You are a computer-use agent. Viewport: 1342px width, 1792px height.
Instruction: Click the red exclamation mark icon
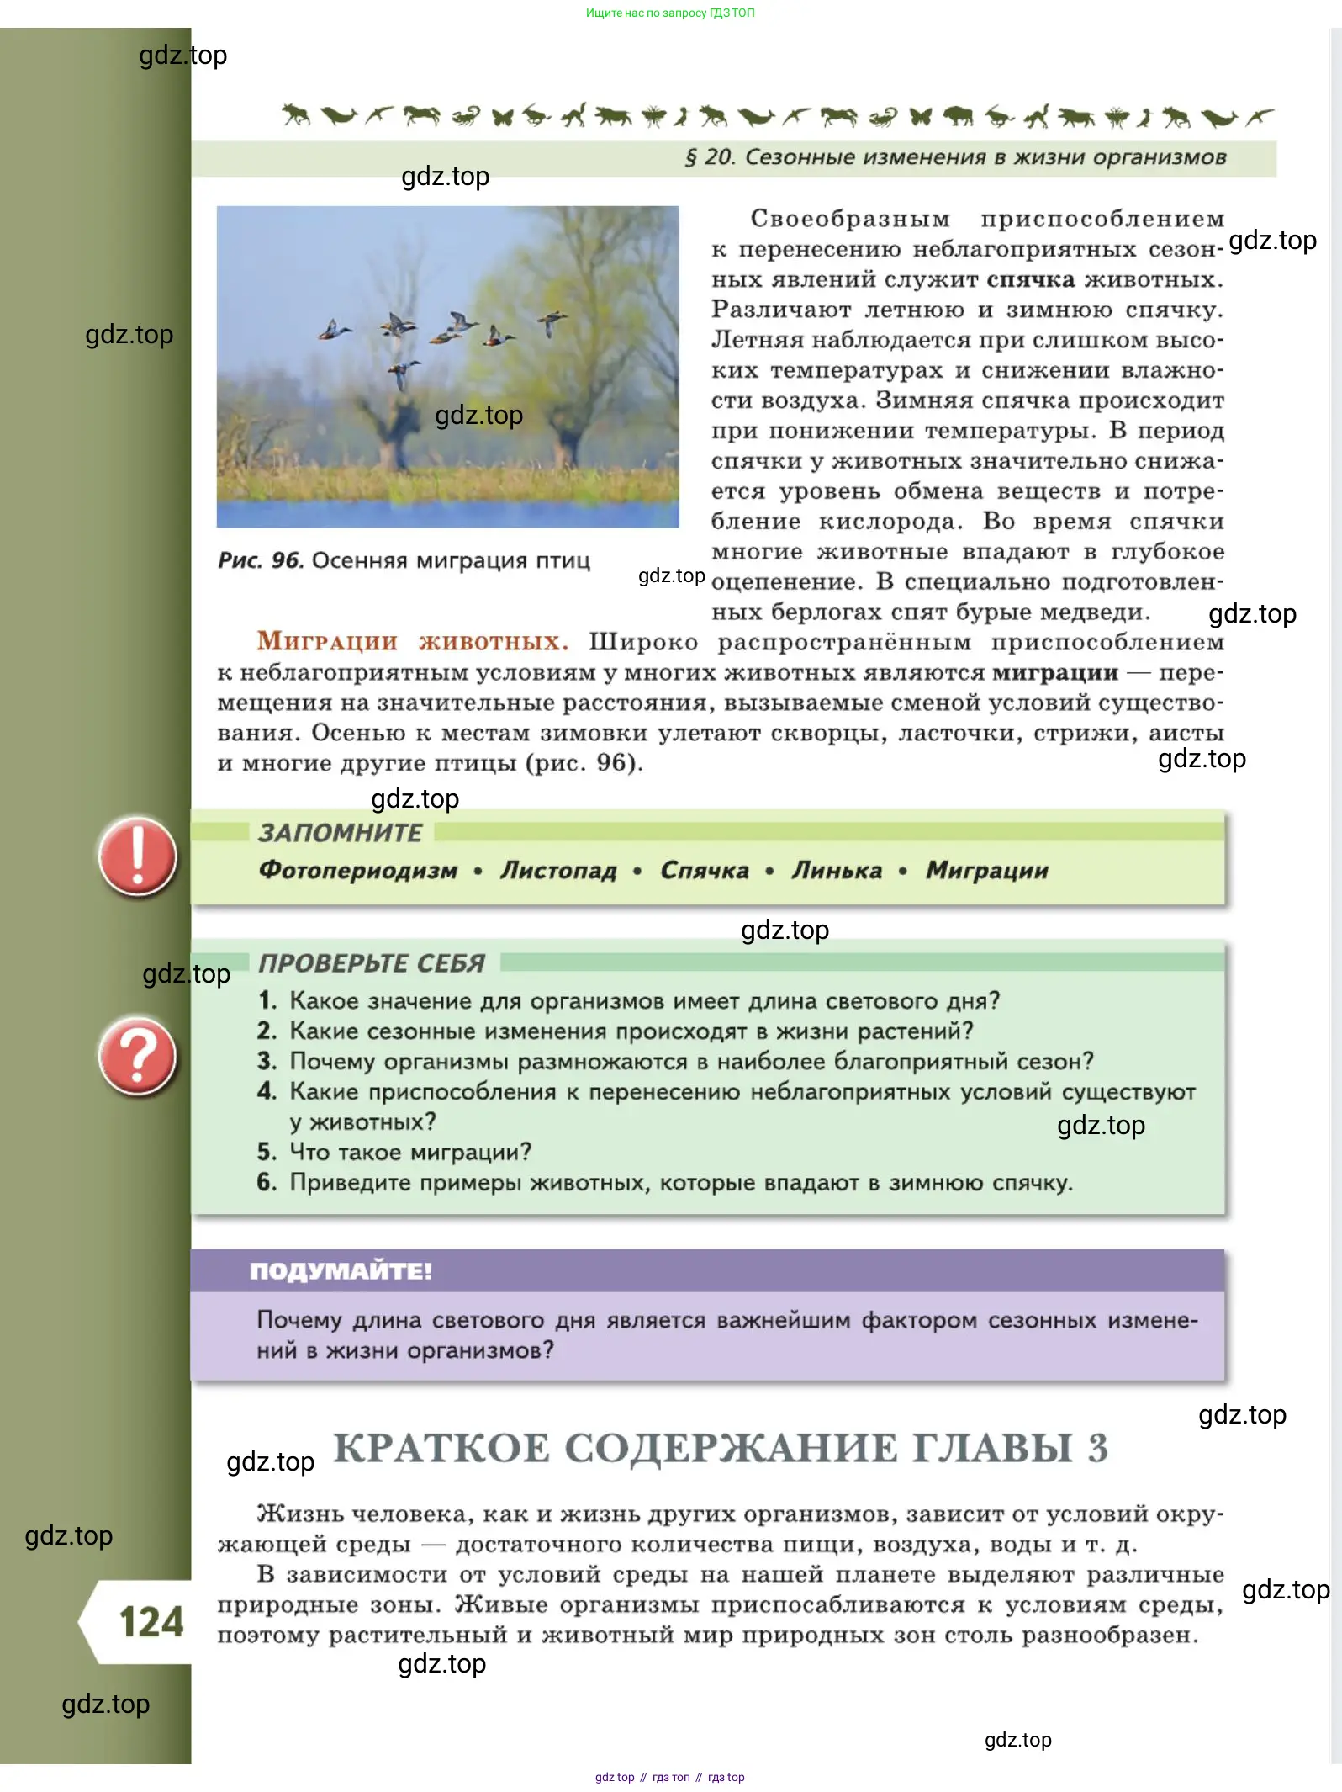coord(137,856)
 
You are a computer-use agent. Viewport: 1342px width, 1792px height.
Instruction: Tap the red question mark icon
coord(137,1056)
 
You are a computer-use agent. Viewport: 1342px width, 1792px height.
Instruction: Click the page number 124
coord(151,1621)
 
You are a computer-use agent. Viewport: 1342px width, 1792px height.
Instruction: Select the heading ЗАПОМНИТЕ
coord(341,833)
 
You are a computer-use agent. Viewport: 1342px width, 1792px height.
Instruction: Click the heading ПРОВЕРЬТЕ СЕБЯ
coord(372,963)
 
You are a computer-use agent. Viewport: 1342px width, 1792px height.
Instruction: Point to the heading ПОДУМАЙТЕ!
coord(341,1270)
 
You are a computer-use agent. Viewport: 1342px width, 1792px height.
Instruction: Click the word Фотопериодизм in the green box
coord(358,870)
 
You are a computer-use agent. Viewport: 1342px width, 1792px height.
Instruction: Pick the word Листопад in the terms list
coord(558,870)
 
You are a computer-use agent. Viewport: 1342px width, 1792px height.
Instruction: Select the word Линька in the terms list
coord(837,870)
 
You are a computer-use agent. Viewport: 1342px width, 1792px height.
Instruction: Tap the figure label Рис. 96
coord(260,560)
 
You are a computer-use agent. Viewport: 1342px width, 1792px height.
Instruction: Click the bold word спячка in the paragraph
coord(1030,279)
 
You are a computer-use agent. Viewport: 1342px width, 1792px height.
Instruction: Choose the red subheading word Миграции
coord(327,642)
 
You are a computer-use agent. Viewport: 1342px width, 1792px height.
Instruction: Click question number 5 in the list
coord(267,1152)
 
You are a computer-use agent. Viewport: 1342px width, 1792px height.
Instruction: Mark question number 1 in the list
coord(267,1000)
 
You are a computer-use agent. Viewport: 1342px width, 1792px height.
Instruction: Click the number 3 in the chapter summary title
coord(1097,1448)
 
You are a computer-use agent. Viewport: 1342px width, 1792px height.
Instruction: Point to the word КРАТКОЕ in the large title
coord(441,1448)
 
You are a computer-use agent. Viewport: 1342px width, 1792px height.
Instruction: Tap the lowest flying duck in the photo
coord(402,371)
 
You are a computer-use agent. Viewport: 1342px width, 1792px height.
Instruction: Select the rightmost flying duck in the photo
coord(552,322)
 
